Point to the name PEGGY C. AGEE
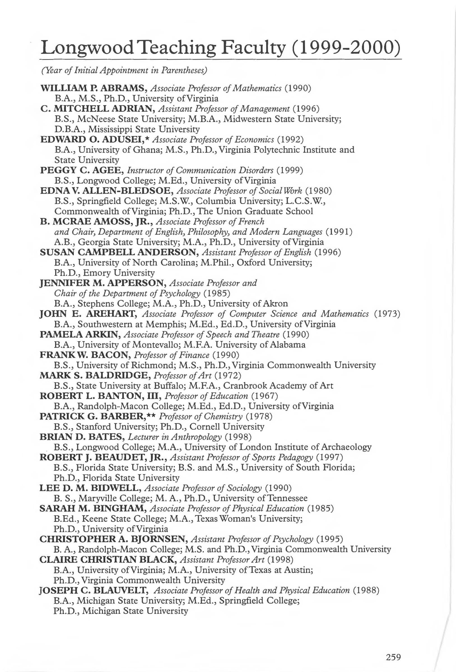pos(82,170)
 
